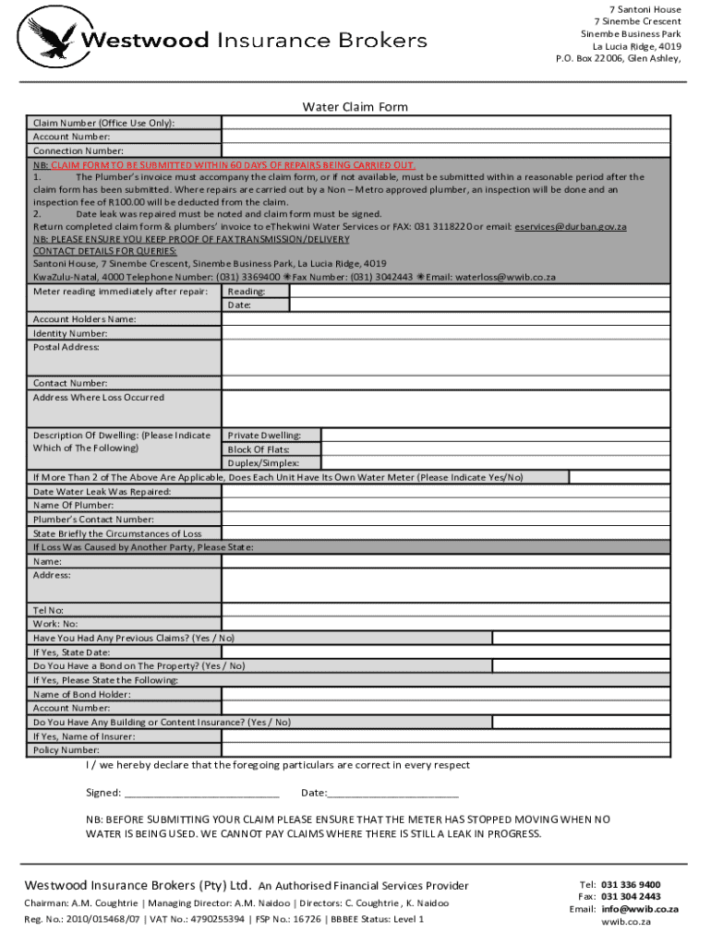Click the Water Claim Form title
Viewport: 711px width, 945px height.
point(355,107)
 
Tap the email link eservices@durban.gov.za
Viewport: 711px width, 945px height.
point(571,226)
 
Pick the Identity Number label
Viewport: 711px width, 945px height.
point(70,333)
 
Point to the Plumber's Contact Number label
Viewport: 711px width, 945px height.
point(93,520)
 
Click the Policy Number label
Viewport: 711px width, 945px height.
point(66,750)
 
